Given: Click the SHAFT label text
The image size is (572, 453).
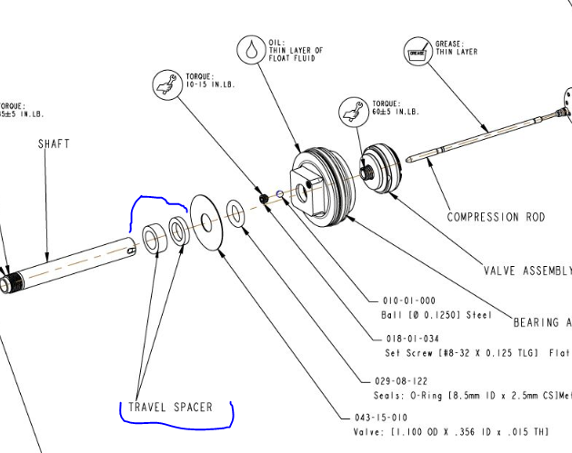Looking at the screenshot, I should click(54, 143).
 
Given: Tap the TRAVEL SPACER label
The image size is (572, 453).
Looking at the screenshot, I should click(170, 407).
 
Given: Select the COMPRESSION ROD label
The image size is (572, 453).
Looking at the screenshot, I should click(496, 217).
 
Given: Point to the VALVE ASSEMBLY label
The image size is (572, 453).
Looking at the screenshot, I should click(528, 271).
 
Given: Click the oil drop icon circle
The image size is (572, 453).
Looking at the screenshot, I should click(250, 48).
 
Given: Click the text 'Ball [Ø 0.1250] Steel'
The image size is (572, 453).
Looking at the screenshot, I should click(436, 315).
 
